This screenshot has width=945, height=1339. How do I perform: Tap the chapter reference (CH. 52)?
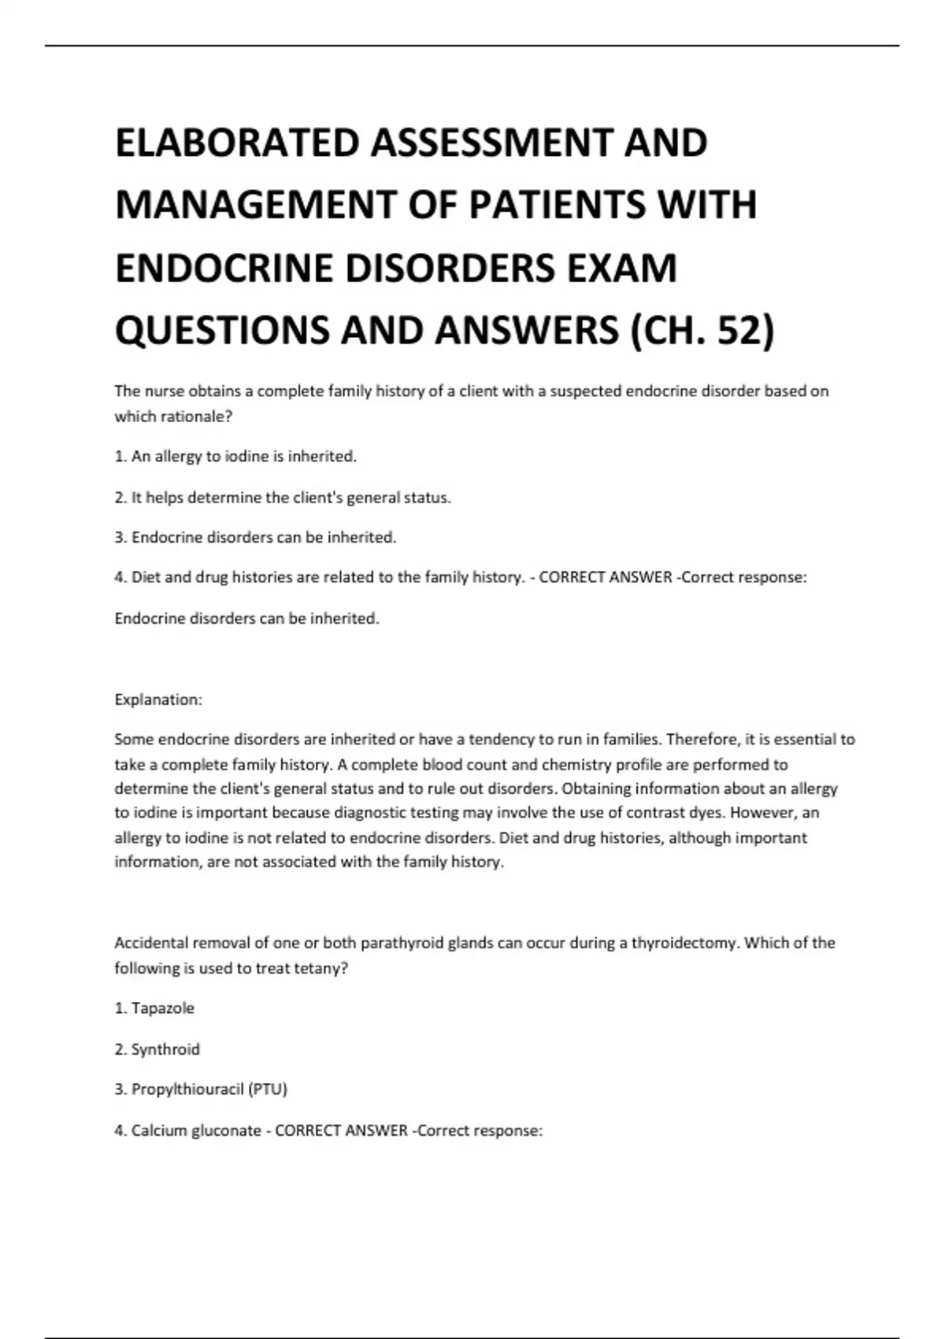point(702,330)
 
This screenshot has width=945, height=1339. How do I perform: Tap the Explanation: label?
point(158,699)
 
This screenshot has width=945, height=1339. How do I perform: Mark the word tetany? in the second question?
point(321,968)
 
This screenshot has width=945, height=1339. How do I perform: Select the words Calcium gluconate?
point(196,1130)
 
